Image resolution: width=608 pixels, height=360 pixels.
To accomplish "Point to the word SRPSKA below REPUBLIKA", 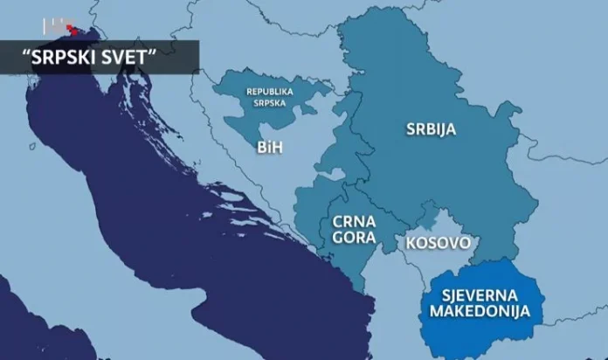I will (x=269, y=103).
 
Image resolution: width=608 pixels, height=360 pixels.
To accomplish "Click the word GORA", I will (x=354, y=237).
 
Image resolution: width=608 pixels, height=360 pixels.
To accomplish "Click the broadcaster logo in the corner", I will (x=59, y=26).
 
